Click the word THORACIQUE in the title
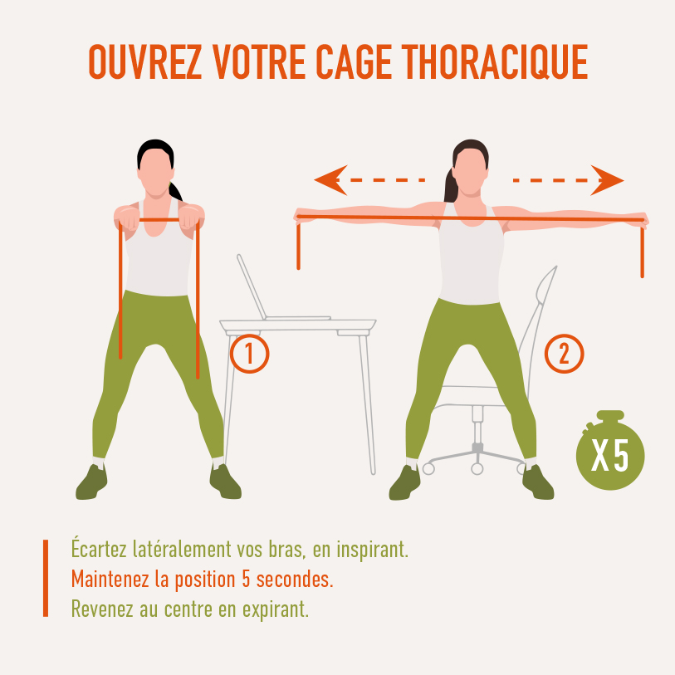coord(495,61)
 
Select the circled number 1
coord(249,354)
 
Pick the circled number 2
coord(564,354)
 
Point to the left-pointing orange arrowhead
coord(330,180)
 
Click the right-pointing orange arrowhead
coord(607,180)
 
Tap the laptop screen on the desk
coord(252,286)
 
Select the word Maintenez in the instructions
coord(111,579)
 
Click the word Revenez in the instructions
coord(102,609)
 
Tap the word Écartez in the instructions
coord(99,548)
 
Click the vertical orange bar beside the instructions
coord(46,578)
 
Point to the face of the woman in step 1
coord(155,172)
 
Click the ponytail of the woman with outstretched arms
coord(451,185)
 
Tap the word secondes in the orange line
coord(295,580)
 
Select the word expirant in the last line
coord(276,609)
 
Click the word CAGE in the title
coord(354,61)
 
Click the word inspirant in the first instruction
coord(372,550)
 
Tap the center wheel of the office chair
coord(477,468)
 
